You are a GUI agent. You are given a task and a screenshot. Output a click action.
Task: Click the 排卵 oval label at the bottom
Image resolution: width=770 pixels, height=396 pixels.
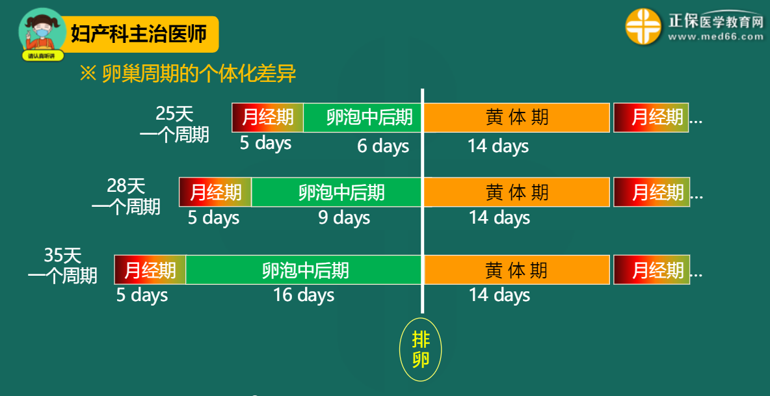click(x=420, y=349)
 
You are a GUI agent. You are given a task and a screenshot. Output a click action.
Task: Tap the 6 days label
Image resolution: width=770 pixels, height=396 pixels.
click(x=383, y=146)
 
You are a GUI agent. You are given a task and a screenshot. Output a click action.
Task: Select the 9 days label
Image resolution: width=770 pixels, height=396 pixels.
click(x=344, y=218)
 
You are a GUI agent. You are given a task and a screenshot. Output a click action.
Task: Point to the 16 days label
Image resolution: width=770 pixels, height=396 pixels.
click(x=304, y=295)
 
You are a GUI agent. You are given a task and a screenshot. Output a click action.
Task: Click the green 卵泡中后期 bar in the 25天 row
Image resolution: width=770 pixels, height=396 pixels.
click(x=362, y=118)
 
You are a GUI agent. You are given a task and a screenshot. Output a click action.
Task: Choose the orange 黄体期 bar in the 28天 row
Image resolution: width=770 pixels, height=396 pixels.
click(x=516, y=192)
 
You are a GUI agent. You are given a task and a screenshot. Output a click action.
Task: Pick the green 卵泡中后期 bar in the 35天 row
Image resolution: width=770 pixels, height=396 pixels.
click(x=304, y=270)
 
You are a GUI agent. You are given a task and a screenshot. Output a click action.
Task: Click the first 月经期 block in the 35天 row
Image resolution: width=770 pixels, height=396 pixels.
click(x=150, y=270)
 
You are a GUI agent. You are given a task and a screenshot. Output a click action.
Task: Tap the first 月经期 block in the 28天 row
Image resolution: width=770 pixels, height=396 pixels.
click(x=215, y=192)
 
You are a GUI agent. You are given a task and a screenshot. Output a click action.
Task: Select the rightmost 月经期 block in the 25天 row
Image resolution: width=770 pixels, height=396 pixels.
click(x=651, y=118)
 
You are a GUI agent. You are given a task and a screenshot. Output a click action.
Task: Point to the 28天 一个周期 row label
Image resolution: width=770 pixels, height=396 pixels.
click(x=126, y=196)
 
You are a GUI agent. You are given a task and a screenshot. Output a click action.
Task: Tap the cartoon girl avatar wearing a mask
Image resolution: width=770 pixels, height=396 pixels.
click(x=43, y=33)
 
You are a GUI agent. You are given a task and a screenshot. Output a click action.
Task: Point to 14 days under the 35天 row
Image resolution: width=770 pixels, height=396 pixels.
click(x=499, y=295)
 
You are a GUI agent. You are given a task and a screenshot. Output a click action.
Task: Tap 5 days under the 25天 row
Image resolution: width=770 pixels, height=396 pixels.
click(x=266, y=143)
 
